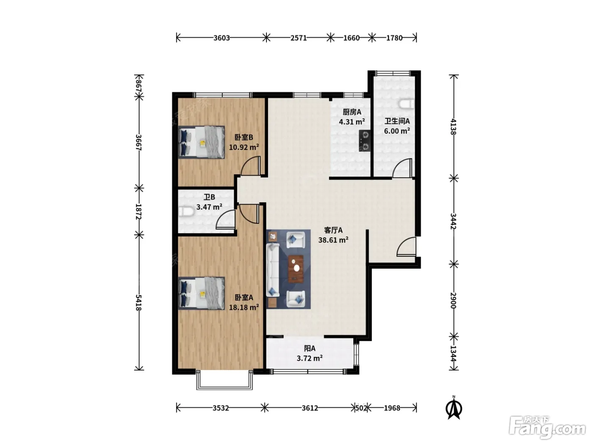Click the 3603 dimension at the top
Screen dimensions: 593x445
(x=222, y=38)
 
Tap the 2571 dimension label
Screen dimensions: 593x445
(x=299, y=38)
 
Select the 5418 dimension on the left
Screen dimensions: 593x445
(x=139, y=303)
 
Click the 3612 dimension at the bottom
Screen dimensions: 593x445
(x=310, y=408)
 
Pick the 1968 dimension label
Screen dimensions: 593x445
(x=392, y=408)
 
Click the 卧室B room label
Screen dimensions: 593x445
(x=244, y=137)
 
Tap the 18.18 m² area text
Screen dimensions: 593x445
(x=244, y=308)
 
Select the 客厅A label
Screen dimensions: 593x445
(x=333, y=230)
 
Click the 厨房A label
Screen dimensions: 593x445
(x=352, y=112)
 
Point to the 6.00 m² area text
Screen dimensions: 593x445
(x=397, y=131)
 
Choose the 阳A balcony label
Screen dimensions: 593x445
(x=310, y=348)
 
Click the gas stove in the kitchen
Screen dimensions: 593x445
(x=365, y=141)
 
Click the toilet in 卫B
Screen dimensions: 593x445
(x=186, y=211)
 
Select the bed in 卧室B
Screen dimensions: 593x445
(x=202, y=142)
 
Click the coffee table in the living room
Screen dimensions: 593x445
(x=296, y=269)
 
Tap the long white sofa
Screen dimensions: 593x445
(x=273, y=270)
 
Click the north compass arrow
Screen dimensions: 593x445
(x=454, y=408)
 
